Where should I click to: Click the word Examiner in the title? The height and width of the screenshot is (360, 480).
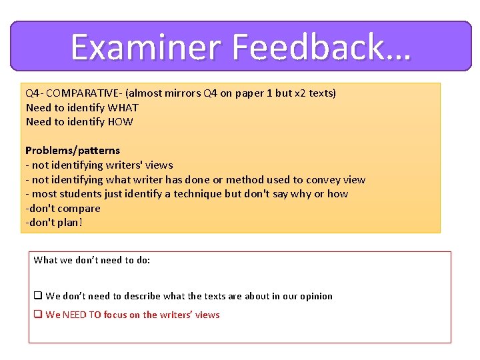pos(145,47)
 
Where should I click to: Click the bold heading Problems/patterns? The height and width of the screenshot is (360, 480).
pos(73,151)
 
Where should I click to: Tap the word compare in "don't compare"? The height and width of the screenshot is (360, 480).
pos(77,208)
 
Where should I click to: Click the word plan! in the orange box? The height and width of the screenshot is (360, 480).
pos(69,223)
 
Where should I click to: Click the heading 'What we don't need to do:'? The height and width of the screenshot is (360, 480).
pos(92,260)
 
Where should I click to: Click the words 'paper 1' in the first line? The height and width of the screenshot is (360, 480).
pos(255,93)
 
